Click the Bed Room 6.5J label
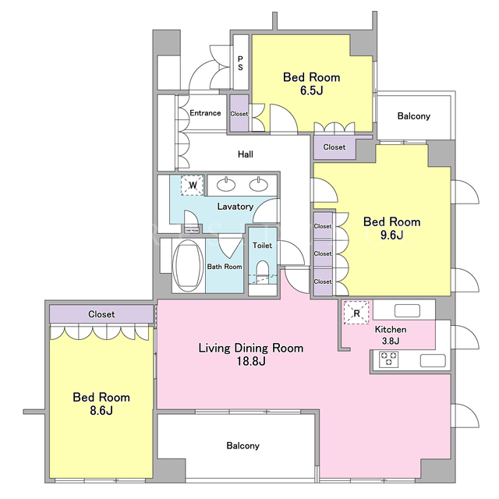click(312, 83)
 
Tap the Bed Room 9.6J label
click(391, 228)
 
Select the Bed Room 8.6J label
click(101, 404)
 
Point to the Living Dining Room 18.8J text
click(251, 355)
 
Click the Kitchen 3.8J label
click(391, 335)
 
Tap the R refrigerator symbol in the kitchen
click(356, 313)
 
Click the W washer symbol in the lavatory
click(193, 186)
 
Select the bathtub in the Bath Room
click(188, 265)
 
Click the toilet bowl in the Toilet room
click(263, 269)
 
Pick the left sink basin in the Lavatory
click(226, 184)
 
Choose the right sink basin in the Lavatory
click(258, 184)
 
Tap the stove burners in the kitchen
click(388, 359)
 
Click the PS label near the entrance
click(240, 63)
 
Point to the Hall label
click(246, 154)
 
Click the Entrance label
click(205, 113)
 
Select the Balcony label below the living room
click(242, 445)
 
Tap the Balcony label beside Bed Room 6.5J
click(414, 116)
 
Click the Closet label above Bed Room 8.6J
click(101, 314)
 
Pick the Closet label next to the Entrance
click(239, 114)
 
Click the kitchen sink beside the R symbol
click(407, 310)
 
